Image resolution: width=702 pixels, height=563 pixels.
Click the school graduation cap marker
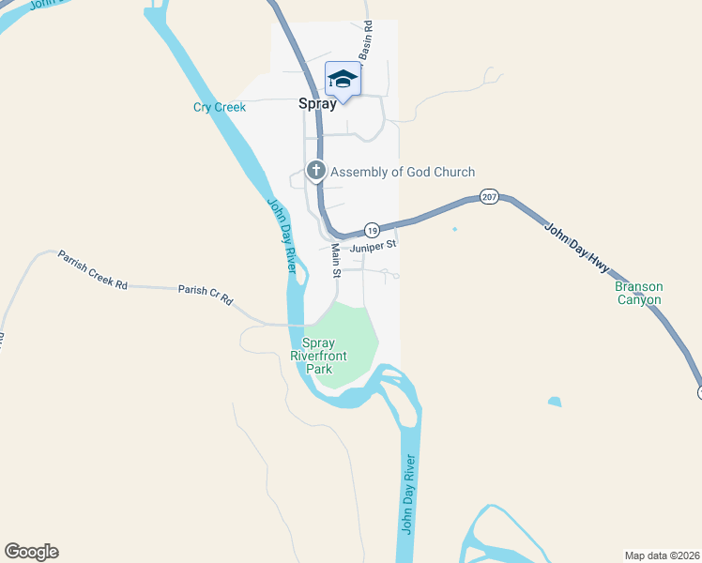click(343, 81)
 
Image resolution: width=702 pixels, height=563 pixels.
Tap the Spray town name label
click(317, 104)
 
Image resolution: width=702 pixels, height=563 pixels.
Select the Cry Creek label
click(220, 107)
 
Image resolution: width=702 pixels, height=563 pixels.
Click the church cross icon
click(316, 171)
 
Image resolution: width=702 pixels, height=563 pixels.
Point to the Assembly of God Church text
click(403, 172)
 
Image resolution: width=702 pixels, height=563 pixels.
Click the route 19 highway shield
click(372, 230)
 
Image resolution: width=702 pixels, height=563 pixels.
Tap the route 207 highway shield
click(488, 197)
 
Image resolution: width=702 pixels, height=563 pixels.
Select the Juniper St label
click(374, 247)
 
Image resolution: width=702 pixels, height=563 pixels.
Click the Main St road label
click(335, 261)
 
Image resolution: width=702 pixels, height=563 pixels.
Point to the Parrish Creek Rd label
click(92, 269)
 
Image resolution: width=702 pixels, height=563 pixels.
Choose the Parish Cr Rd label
click(206, 297)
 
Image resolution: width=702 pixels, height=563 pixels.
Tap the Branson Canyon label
click(638, 293)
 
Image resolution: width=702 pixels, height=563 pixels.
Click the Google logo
click(31, 552)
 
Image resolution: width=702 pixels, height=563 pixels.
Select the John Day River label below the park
click(407, 494)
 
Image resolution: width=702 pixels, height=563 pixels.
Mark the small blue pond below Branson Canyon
click(555, 403)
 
